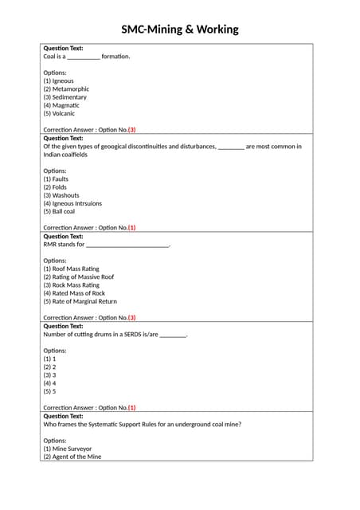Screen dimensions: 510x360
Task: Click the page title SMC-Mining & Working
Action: coord(179,29)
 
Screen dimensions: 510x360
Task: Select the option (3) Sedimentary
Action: coord(65,97)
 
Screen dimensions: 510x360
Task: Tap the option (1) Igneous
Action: coord(58,80)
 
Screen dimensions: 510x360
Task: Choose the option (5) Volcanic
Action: coord(59,113)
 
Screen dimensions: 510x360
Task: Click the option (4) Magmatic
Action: coord(61,105)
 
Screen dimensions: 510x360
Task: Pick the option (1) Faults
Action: coord(56,179)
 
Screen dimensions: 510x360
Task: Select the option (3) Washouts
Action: coord(61,195)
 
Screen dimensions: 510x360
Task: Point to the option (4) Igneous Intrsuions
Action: coord(72,203)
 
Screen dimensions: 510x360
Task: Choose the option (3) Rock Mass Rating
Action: coord(71,284)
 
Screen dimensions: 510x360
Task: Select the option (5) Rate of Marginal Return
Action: coord(80,301)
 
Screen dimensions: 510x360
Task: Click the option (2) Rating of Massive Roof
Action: coord(78,277)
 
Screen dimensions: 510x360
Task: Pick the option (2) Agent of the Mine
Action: coord(72,457)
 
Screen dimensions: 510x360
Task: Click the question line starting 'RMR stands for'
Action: coord(107,245)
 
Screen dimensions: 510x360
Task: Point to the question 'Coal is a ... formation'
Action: coord(86,57)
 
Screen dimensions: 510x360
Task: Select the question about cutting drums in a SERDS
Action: coord(115,334)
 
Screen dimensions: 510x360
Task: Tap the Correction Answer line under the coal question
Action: coord(89,130)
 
